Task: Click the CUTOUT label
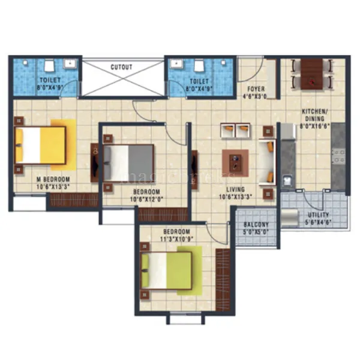click(121, 67)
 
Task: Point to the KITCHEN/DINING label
click(314, 112)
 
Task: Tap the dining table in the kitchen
click(311, 74)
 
